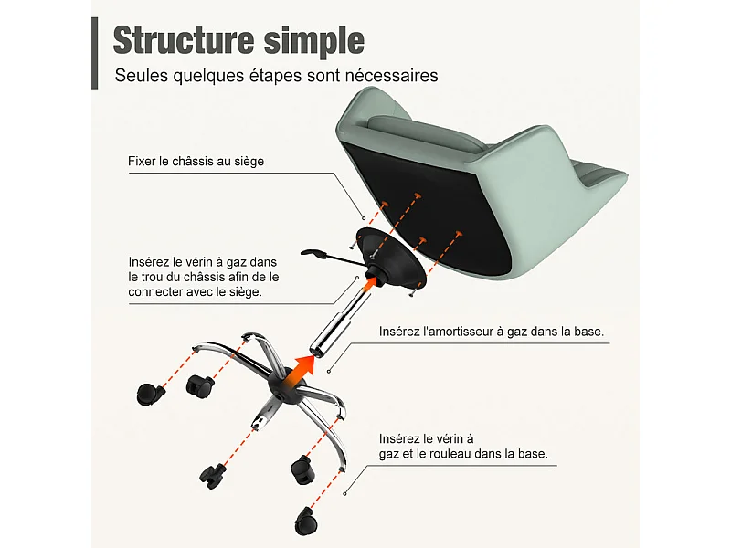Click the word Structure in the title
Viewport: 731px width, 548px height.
click(184, 40)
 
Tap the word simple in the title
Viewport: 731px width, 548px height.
click(313, 42)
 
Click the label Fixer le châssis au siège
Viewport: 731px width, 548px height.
click(196, 162)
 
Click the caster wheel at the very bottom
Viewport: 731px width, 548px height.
click(306, 521)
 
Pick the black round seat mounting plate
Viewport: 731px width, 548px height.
click(391, 258)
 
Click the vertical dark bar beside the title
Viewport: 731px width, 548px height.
click(95, 53)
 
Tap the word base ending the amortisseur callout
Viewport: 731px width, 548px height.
click(588, 332)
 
